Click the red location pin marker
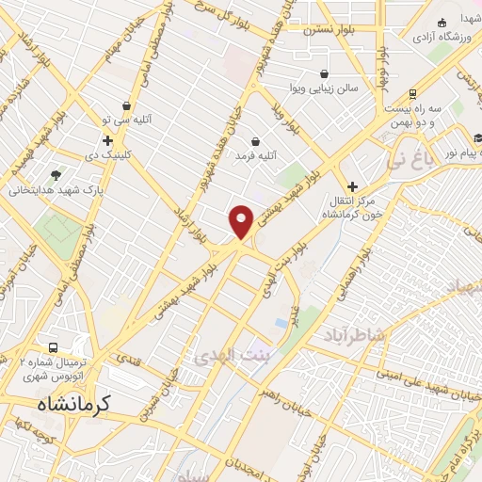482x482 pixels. click(242, 221)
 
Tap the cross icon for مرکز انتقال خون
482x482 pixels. click(352, 187)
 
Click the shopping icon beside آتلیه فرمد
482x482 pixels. click(255, 141)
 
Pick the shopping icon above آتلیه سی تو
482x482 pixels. click(125, 107)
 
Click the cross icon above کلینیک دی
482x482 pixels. click(109, 140)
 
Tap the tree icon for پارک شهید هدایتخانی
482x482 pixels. click(56, 174)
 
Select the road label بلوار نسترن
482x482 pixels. click(324, 29)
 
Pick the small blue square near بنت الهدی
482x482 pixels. click(281, 323)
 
